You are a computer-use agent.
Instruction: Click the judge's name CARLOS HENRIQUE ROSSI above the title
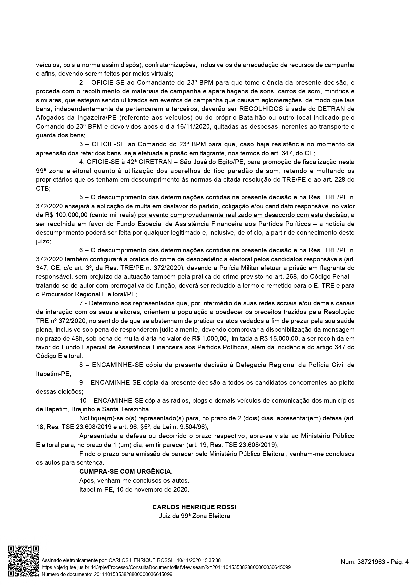(195, 507)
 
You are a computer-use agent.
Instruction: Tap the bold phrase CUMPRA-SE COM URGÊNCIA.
(126, 472)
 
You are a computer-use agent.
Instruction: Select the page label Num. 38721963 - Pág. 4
(374, 562)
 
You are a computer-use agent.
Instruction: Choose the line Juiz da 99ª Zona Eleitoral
(195, 516)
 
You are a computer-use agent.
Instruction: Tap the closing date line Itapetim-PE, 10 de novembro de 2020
(134, 490)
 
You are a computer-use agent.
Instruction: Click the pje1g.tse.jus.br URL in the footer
(166, 567)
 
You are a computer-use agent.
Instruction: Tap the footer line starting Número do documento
(106, 574)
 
